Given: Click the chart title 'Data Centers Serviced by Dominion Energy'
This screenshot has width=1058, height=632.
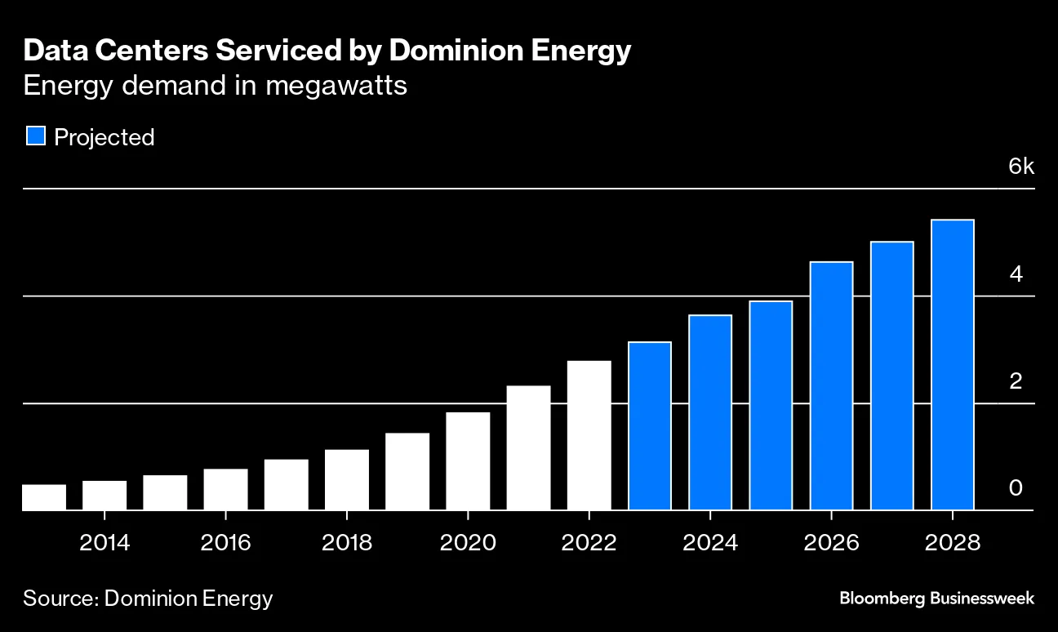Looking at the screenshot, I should (x=327, y=51).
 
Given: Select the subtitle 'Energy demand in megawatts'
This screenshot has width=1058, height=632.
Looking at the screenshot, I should (x=215, y=85).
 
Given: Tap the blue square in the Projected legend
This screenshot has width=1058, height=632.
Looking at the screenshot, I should (x=35, y=136).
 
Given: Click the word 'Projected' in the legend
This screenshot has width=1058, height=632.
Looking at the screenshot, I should (x=104, y=137).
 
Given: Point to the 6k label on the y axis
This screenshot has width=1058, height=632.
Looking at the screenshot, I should (x=1020, y=167).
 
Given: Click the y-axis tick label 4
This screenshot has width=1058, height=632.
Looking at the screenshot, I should (x=1016, y=274).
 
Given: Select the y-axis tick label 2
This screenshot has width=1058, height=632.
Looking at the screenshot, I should (x=1016, y=381).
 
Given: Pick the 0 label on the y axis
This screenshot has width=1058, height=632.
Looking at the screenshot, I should (x=1016, y=487).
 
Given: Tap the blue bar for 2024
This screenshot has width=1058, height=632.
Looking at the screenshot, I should (x=710, y=412).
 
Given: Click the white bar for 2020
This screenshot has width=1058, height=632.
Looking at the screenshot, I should (x=468, y=461).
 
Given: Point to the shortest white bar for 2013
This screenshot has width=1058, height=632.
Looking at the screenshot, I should (x=44, y=497).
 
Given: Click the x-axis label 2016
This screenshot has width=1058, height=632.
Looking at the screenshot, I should (x=225, y=543).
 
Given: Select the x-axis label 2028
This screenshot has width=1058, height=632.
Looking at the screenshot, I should (x=952, y=543).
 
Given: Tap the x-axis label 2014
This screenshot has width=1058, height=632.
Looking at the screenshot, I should (x=104, y=543).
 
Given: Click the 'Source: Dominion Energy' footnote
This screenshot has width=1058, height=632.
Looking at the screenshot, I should (x=148, y=598).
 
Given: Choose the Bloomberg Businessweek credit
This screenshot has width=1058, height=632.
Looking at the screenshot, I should (x=936, y=598).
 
